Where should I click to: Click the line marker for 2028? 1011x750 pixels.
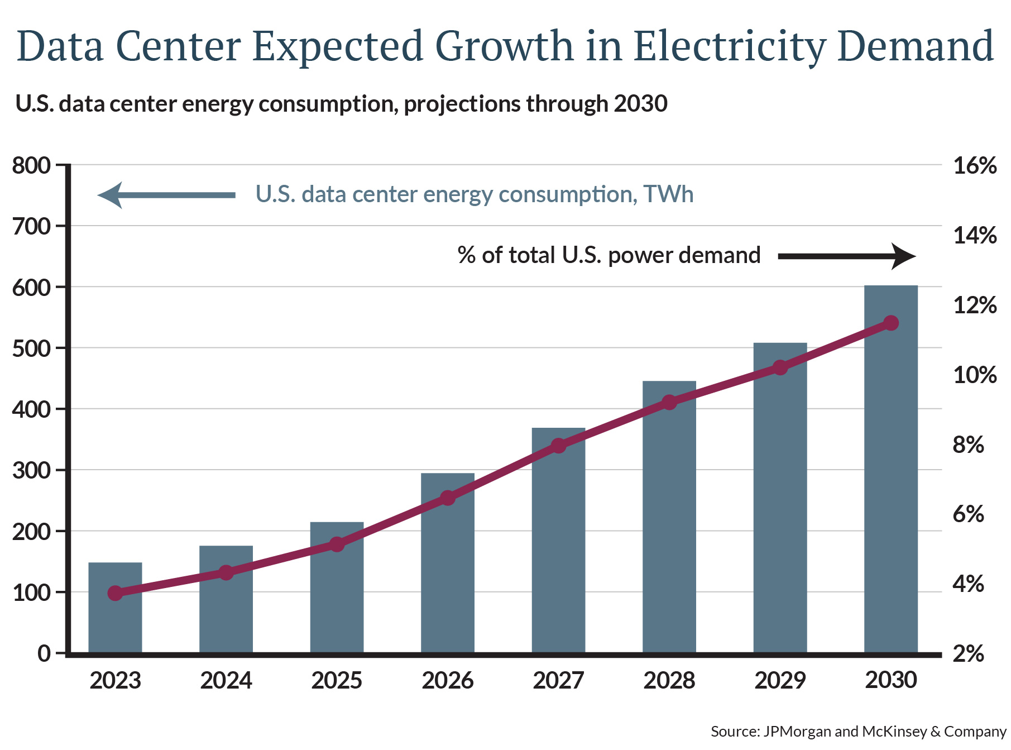669,402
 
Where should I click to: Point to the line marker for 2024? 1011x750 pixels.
226,572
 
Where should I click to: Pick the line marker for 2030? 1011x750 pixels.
891,323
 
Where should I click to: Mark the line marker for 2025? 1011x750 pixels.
337,544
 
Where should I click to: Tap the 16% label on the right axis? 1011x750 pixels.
975,166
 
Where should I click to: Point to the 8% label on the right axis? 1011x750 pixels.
968,445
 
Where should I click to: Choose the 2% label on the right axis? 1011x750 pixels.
968,654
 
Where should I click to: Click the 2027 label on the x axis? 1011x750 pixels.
558,681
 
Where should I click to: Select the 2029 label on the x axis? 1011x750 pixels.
780,681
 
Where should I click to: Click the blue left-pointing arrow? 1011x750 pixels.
166,195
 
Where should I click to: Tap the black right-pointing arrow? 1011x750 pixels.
846,256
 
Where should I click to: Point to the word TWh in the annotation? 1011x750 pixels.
668,194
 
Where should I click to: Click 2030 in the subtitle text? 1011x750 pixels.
641,104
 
